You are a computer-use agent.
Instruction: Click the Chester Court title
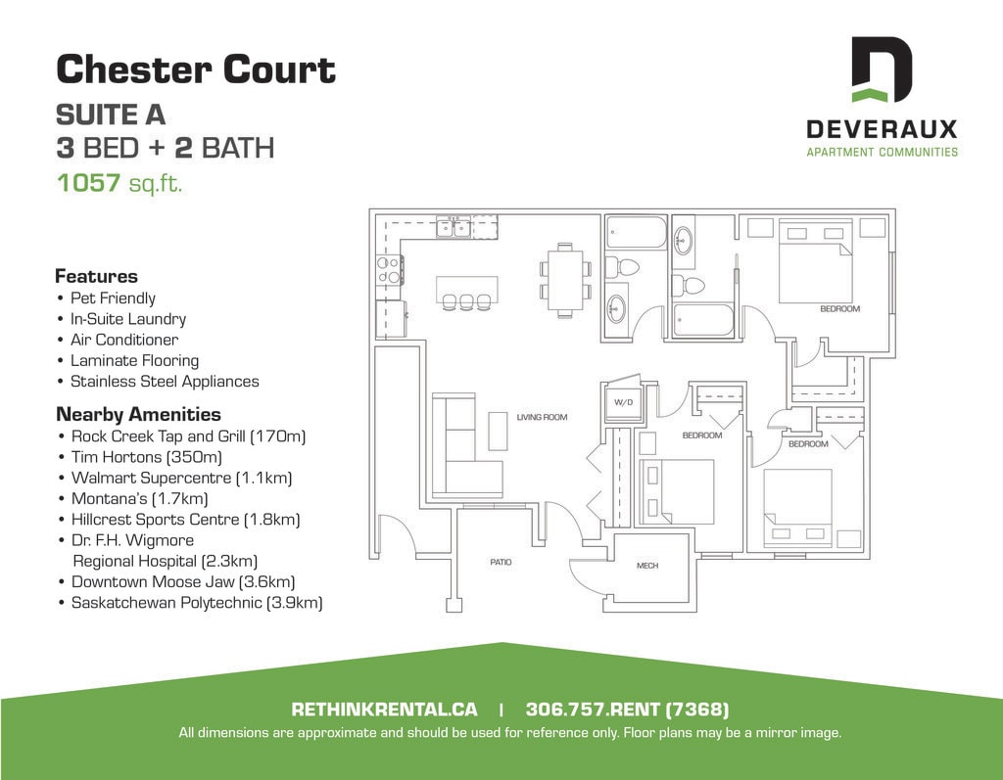pyautogui.click(x=196, y=69)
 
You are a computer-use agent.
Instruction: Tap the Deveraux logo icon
pyautogui.click(x=883, y=69)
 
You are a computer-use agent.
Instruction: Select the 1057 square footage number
pyautogui.click(x=88, y=183)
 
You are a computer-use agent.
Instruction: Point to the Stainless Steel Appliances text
pyautogui.click(x=165, y=381)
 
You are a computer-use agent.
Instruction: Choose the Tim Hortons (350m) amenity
pyautogui.click(x=147, y=457)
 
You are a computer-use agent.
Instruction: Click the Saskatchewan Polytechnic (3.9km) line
pyautogui.click(x=196, y=602)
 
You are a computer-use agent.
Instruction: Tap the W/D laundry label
pyautogui.click(x=623, y=402)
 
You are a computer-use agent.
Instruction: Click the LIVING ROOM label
pyautogui.click(x=542, y=418)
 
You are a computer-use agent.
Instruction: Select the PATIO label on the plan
pyautogui.click(x=501, y=562)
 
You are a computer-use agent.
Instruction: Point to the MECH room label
pyautogui.click(x=647, y=565)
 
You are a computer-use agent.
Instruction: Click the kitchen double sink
pyautogui.click(x=454, y=226)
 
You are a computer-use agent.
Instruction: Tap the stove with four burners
pyautogui.click(x=389, y=270)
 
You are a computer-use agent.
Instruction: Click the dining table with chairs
pyautogui.click(x=565, y=280)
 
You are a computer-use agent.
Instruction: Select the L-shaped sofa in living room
pyautogui.click(x=460, y=445)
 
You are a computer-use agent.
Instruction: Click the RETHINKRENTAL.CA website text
pyautogui.click(x=384, y=709)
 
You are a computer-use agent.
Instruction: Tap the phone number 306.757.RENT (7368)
pyautogui.click(x=627, y=709)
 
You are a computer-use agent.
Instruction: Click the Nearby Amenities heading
pyautogui.click(x=138, y=414)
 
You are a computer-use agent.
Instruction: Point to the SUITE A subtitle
pyautogui.click(x=111, y=115)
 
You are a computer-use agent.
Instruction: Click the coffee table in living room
pyautogui.click(x=499, y=432)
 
